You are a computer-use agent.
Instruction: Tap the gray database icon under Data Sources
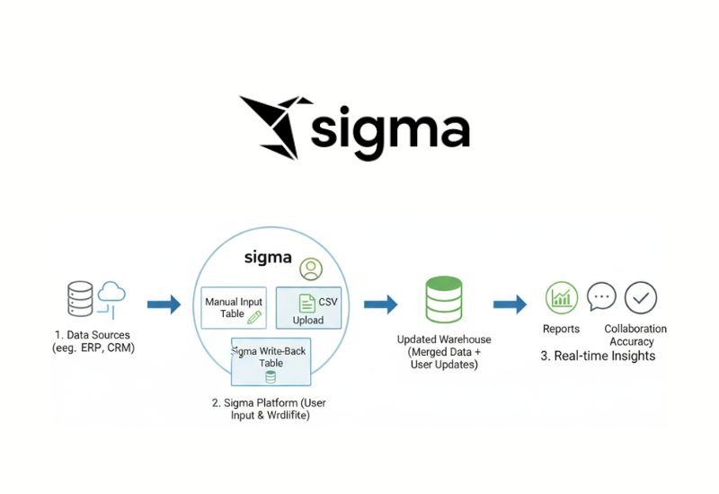click(x=80, y=300)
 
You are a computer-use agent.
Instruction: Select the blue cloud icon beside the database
click(x=113, y=294)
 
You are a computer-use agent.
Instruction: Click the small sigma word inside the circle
click(x=268, y=258)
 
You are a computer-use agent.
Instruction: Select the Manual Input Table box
click(x=233, y=308)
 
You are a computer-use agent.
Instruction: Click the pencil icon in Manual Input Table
click(x=254, y=317)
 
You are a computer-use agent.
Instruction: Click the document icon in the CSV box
click(x=306, y=304)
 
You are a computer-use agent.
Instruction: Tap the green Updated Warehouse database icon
click(x=443, y=300)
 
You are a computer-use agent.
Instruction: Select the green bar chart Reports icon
click(x=562, y=297)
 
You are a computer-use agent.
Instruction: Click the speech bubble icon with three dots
click(x=601, y=296)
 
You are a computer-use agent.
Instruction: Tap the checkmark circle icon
click(x=641, y=297)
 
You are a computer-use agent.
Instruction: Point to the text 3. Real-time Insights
click(x=598, y=356)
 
